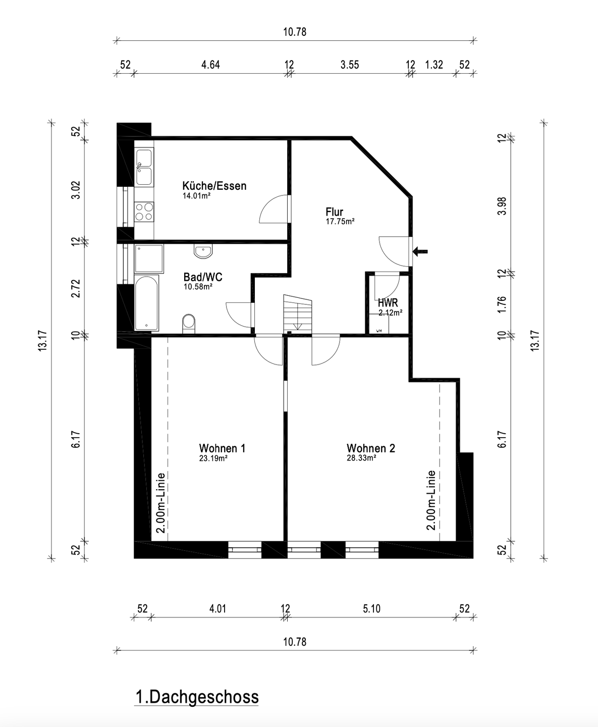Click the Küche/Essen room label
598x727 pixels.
tap(214, 186)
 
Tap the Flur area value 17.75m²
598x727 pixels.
tap(340, 221)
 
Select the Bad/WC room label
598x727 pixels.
tap(202, 277)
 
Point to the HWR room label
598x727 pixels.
tap(388, 303)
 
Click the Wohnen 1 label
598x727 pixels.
tap(222, 448)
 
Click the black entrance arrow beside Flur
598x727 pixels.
tap(420, 250)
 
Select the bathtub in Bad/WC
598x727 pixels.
tap(146, 303)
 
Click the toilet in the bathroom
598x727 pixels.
tap(189, 322)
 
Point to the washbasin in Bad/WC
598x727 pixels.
tap(204, 251)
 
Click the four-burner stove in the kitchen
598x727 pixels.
tap(144, 212)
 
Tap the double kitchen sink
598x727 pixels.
tap(144, 167)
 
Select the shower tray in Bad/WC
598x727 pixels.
tap(149, 258)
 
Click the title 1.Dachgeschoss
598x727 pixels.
tap(197, 697)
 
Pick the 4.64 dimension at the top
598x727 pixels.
tap(210, 65)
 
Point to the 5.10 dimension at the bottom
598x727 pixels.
tap(371, 609)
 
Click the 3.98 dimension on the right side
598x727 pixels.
tap(502, 205)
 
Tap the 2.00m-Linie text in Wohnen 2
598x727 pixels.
tap(431, 500)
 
